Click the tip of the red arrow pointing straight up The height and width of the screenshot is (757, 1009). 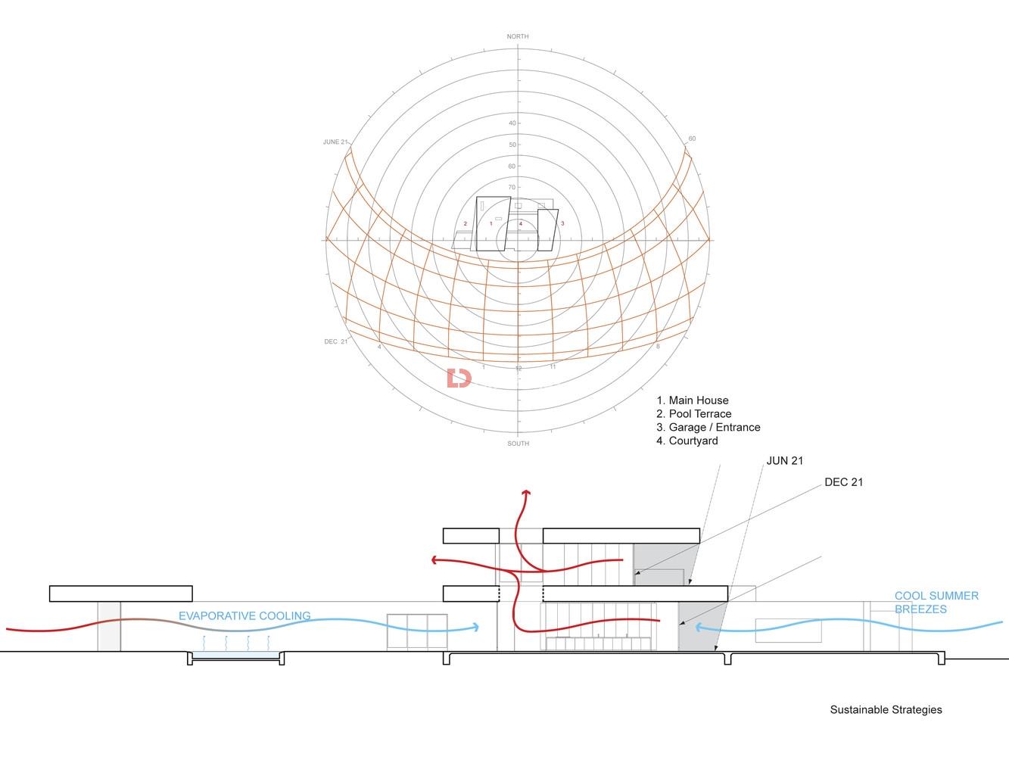click(x=526, y=491)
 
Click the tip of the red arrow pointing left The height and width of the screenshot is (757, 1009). click(x=431, y=560)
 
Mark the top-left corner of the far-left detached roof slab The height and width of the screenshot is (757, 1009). click(x=50, y=586)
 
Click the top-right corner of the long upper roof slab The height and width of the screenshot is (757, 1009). click(x=699, y=528)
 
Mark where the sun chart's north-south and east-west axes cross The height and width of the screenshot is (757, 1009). click(x=518, y=240)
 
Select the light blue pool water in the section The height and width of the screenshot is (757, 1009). click(x=235, y=655)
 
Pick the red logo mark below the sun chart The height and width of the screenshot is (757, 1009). click(x=459, y=378)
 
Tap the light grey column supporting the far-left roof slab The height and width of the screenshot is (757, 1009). click(x=109, y=626)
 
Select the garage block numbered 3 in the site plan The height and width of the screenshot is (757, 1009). click(x=548, y=230)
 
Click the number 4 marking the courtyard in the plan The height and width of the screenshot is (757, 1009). click(x=521, y=224)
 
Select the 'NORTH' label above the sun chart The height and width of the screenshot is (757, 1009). click(x=518, y=36)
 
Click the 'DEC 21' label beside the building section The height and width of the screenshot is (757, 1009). click(x=843, y=482)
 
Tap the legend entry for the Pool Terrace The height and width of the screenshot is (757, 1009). click(x=693, y=413)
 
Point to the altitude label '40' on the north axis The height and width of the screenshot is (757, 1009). click(x=512, y=123)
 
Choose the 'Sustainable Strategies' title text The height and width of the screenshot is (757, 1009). click(x=886, y=709)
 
